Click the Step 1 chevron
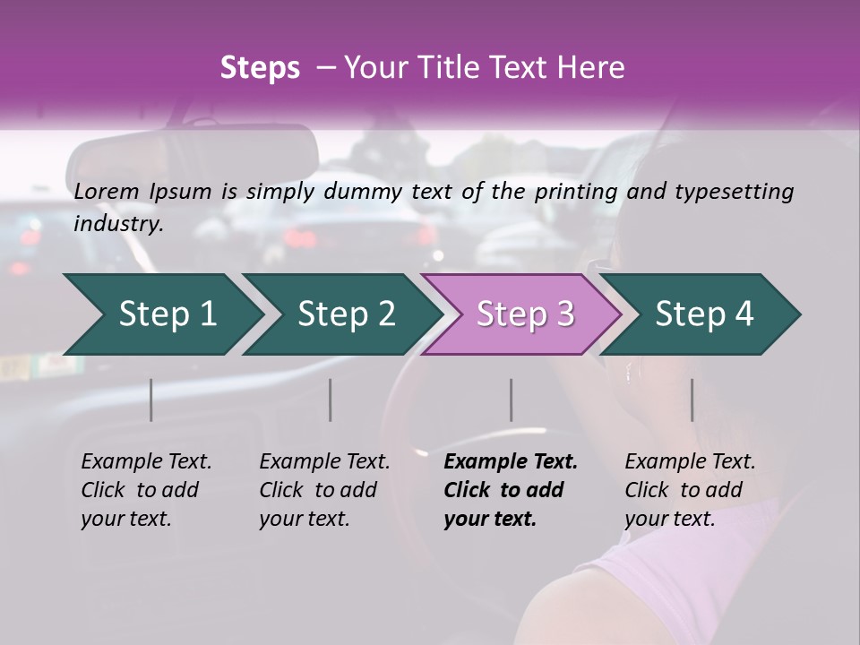[x=166, y=314]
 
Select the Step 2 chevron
[x=345, y=314]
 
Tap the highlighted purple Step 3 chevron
[x=524, y=314]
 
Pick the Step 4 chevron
[x=703, y=314]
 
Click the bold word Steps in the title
[x=260, y=68]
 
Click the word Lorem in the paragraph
[x=107, y=191]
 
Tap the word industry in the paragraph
[x=118, y=224]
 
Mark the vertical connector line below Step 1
[x=151, y=400]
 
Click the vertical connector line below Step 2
[x=331, y=400]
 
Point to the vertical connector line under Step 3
[x=512, y=400]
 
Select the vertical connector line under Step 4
[x=692, y=400]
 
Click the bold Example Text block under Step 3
[x=511, y=490]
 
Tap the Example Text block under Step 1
[x=146, y=490]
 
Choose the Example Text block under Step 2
[x=324, y=490]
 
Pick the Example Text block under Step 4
[x=690, y=490]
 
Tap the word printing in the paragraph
[x=575, y=191]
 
